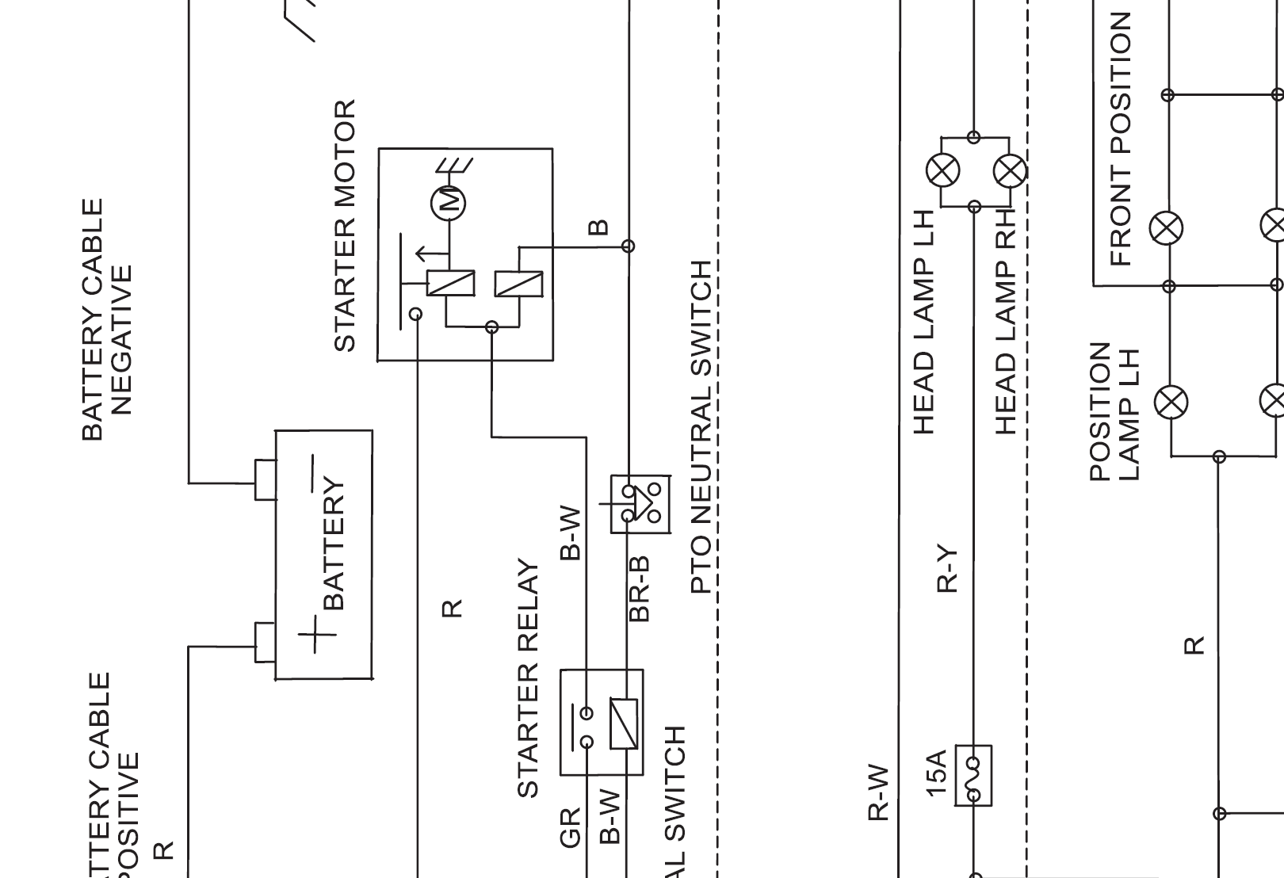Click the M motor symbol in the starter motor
coord(449,203)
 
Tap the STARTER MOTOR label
coord(345,226)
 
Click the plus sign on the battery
coord(317,635)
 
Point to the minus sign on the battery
coord(313,473)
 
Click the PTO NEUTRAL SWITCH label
coord(701,427)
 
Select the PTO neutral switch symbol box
coord(640,504)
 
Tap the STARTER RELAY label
coord(528,678)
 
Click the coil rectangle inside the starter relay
coord(623,723)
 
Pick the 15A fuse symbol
coord(973,776)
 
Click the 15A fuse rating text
coord(936,773)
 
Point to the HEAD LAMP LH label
coord(923,322)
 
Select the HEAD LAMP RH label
coord(1006,321)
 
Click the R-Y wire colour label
coord(947,568)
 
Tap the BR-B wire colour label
coord(640,589)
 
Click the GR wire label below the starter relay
coord(571,827)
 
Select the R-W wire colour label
coord(878,792)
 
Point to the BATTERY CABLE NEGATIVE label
coord(107,319)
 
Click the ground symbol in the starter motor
coord(454,165)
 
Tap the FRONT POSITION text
coord(1122,139)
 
